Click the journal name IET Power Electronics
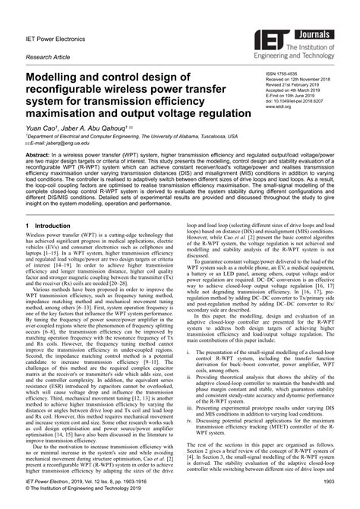tap(58, 34)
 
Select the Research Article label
tap(48, 56)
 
